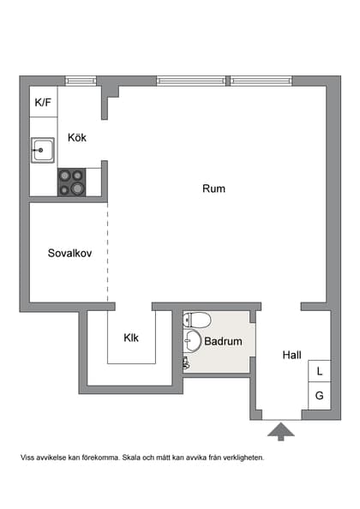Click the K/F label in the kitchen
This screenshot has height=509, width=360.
click(43, 104)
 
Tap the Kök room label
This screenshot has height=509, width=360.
click(77, 137)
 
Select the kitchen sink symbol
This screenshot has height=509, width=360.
click(43, 152)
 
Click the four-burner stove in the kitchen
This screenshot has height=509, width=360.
click(71, 181)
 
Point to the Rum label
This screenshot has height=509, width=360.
click(213, 189)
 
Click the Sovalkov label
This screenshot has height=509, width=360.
click(69, 254)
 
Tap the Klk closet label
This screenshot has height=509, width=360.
click(131, 338)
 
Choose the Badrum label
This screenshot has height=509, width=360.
click(223, 341)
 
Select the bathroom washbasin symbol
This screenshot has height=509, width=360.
click(193, 342)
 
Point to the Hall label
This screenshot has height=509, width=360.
click(293, 354)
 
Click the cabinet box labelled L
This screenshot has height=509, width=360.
click(319, 372)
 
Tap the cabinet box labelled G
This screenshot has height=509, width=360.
click(319, 396)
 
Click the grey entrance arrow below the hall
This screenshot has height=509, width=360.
click(280, 430)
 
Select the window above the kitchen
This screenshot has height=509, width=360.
click(81, 81)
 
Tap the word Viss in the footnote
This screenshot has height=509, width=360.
click(28, 458)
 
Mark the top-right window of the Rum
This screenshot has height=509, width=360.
click(261, 81)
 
